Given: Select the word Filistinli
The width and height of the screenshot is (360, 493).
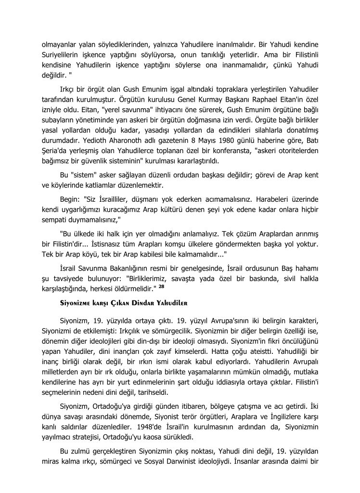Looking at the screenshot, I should pos(303,54).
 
